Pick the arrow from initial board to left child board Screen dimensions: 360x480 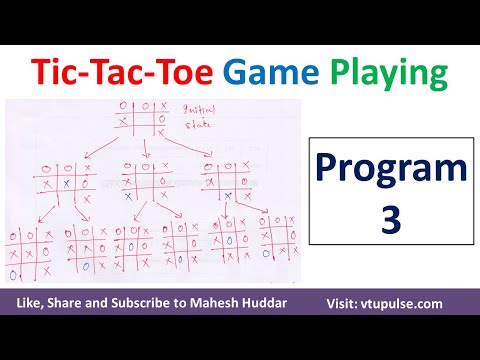click(96, 148)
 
